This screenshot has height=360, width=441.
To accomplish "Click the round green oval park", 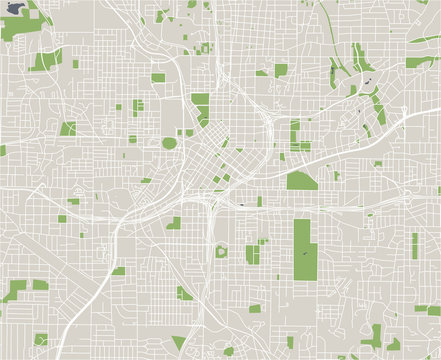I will click(x=169, y=143).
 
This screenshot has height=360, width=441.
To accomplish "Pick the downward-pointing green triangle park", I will click(x=179, y=342).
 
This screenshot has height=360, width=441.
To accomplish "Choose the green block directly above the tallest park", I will click(x=301, y=181).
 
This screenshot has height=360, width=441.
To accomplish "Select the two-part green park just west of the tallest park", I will click(x=253, y=252).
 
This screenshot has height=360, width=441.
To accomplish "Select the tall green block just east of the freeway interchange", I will click(x=295, y=135).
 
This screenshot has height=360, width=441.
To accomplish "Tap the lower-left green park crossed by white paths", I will click(x=14, y=292).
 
